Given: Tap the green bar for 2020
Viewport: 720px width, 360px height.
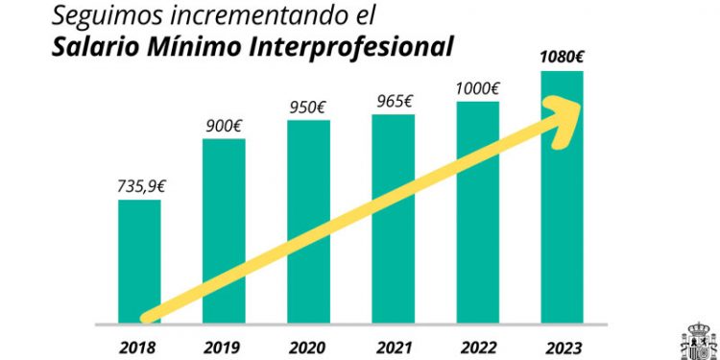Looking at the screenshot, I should (x=308, y=192).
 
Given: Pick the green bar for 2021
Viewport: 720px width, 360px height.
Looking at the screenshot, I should (x=393, y=182).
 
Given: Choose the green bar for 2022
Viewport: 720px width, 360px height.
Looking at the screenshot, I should (x=477, y=173).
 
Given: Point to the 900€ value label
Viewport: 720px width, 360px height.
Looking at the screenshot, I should (x=223, y=125).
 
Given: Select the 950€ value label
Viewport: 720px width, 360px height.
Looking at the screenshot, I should (x=308, y=107).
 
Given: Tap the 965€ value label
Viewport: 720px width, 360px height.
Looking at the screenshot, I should (x=393, y=101).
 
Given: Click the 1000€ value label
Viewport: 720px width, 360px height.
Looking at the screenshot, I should (x=477, y=88).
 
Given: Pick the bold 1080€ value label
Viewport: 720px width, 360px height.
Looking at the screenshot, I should (x=562, y=56).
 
